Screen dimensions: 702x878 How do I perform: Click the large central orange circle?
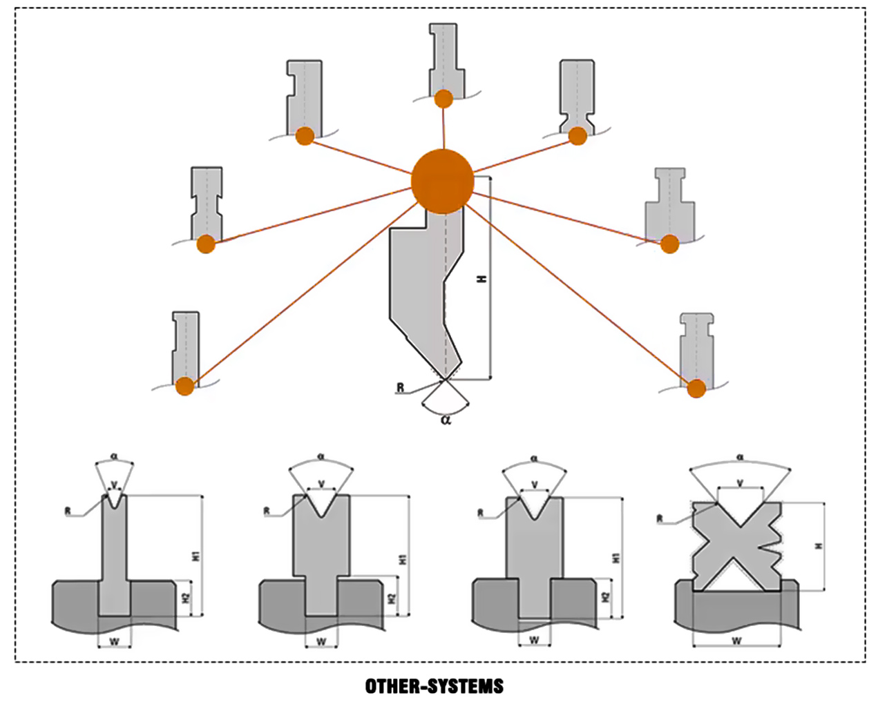(x=442, y=181)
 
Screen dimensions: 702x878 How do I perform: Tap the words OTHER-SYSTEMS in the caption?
(x=434, y=686)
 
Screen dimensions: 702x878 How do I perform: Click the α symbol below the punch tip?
(x=446, y=419)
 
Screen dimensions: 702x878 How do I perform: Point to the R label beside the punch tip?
(x=401, y=388)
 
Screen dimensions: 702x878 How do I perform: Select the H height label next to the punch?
(x=481, y=279)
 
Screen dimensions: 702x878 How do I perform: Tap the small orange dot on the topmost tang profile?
(x=443, y=99)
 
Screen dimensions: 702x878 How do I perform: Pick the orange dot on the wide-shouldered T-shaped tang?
(x=669, y=244)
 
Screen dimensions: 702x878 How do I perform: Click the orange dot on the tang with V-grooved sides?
(x=578, y=136)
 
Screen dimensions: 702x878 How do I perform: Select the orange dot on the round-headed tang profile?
(x=696, y=389)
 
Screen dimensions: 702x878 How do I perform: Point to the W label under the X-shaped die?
(x=736, y=641)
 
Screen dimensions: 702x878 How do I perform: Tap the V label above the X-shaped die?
(x=740, y=482)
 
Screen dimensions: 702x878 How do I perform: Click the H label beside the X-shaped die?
(x=819, y=546)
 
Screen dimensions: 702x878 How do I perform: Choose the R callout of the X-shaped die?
(x=660, y=518)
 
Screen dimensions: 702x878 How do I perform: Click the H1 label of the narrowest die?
(x=196, y=555)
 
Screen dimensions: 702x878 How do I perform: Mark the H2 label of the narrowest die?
(x=186, y=598)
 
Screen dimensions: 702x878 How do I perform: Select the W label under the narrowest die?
(x=115, y=642)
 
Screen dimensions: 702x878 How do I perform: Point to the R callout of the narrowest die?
(x=68, y=511)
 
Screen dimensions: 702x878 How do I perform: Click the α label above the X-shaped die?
(x=740, y=457)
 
